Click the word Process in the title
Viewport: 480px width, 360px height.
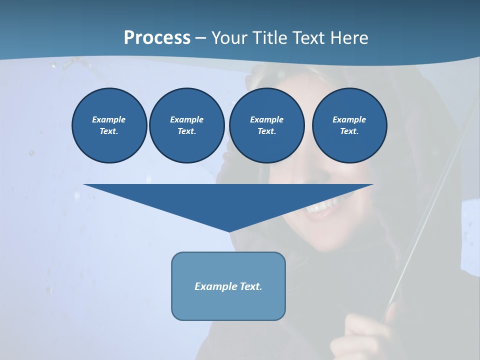click(157, 38)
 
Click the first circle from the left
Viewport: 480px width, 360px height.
click(109, 125)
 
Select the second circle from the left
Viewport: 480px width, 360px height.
click(186, 125)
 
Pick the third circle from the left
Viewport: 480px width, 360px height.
click(266, 125)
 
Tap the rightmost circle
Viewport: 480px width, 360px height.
click(349, 125)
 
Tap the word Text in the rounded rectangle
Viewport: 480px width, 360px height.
click(250, 286)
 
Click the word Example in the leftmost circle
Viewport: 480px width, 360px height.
click(109, 119)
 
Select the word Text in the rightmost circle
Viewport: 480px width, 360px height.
click(349, 131)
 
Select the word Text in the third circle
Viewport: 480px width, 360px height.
click(266, 131)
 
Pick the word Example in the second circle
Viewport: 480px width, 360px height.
click(186, 119)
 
